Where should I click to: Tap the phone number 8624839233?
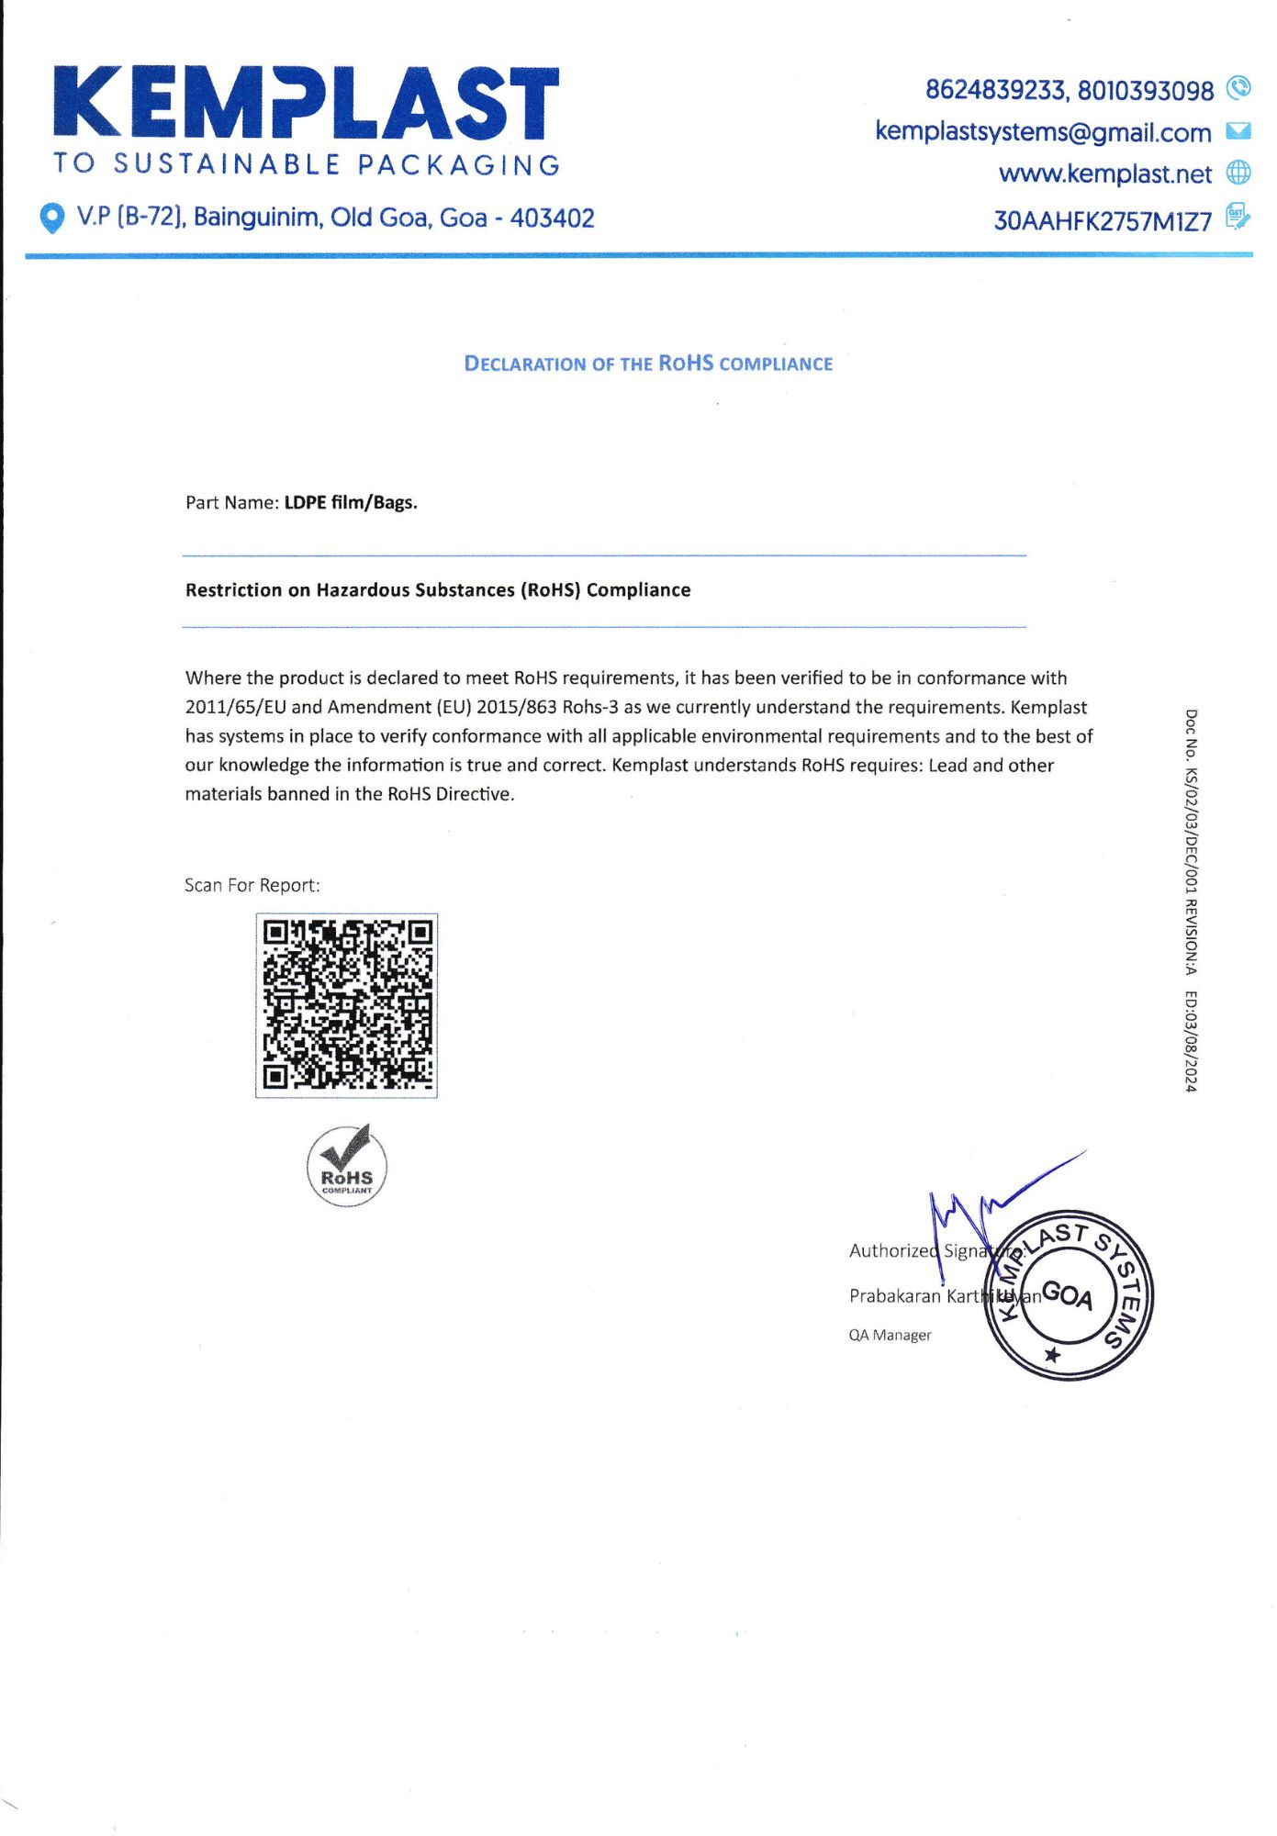coord(995,90)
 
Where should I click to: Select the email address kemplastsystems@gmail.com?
coord(1043,132)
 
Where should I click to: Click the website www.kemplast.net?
coord(1105,174)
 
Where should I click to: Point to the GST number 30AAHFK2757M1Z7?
coord(1103,221)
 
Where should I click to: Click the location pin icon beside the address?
coord(53,218)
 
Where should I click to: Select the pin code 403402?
coord(552,218)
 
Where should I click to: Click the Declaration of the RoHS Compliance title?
coord(648,364)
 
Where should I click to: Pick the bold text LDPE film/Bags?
coord(351,503)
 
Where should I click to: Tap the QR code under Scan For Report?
coord(346,1005)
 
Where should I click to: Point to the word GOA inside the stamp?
coord(1068,1295)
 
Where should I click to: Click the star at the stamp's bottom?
coord(1053,1355)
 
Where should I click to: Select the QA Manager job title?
coord(890,1335)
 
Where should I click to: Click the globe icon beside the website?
coord(1238,173)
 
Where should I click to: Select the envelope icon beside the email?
coord(1238,131)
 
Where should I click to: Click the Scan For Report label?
coord(252,886)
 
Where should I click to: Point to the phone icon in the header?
coord(1238,88)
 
